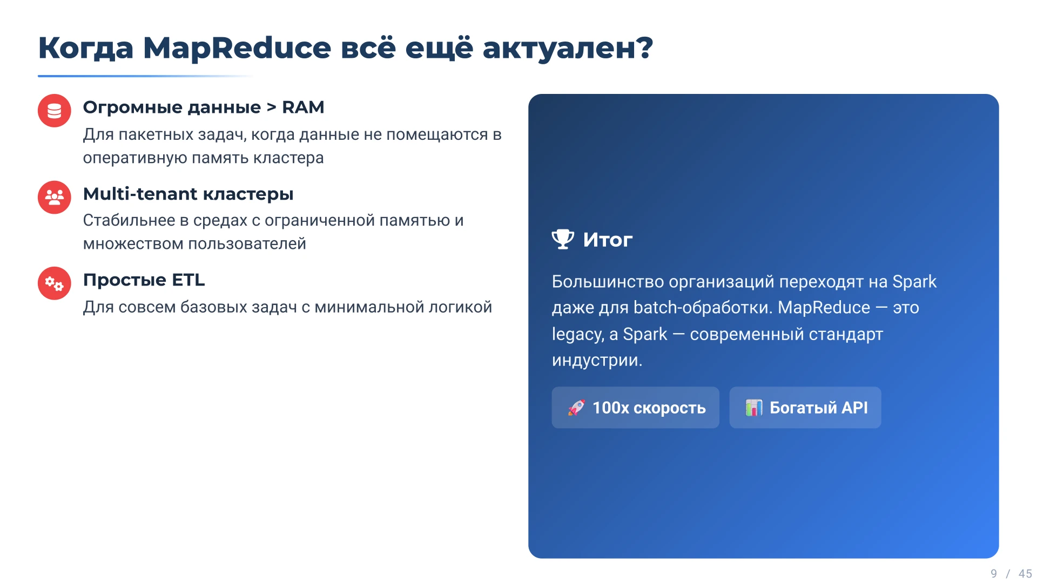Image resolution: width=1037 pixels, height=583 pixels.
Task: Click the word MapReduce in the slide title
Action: pyautogui.click(x=237, y=48)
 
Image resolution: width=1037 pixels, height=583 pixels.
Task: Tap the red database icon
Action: pyautogui.click(x=54, y=111)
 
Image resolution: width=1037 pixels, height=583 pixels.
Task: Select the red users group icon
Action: pyautogui.click(x=54, y=197)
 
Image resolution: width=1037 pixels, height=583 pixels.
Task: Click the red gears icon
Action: pyautogui.click(x=54, y=283)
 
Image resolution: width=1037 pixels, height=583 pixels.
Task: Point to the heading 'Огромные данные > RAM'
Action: pyautogui.click(x=203, y=107)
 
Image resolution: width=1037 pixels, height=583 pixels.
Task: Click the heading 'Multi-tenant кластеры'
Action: pyautogui.click(x=188, y=194)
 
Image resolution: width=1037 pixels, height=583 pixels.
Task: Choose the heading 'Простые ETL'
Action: pyautogui.click(x=144, y=280)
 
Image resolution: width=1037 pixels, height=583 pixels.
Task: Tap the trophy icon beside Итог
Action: pyautogui.click(x=563, y=239)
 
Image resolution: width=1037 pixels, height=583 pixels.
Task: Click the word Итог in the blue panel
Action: pyautogui.click(x=608, y=240)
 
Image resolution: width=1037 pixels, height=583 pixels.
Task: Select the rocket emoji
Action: pyautogui.click(x=576, y=408)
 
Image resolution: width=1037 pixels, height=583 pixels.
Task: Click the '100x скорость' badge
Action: pyautogui.click(x=635, y=408)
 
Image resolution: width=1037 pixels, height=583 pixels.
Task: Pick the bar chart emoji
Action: pyautogui.click(x=753, y=408)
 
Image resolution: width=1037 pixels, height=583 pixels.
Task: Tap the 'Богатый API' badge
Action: pyautogui.click(x=805, y=408)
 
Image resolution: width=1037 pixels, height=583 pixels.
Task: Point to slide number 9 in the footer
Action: pyautogui.click(x=994, y=573)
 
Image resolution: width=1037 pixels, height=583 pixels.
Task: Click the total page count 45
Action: pyautogui.click(x=1025, y=573)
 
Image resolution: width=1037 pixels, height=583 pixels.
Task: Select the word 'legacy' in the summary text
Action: pyautogui.click(x=577, y=334)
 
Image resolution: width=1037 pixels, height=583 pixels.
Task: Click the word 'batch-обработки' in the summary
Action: pyautogui.click(x=703, y=308)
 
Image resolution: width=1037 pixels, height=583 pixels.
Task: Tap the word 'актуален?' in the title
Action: pyautogui.click(x=567, y=48)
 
